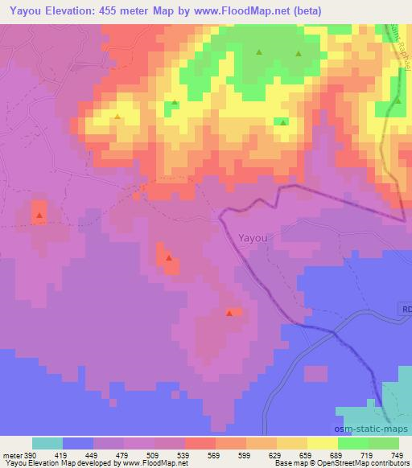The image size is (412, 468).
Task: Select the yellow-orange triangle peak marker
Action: (118, 117)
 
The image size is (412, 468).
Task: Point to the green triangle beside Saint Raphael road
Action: (398, 101)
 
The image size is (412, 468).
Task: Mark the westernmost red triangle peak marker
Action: (39, 216)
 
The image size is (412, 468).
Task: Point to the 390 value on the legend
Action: (30, 454)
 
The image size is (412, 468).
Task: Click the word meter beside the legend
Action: (10, 454)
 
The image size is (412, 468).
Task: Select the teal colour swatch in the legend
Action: (47, 443)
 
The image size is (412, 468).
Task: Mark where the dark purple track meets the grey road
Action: (336, 330)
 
